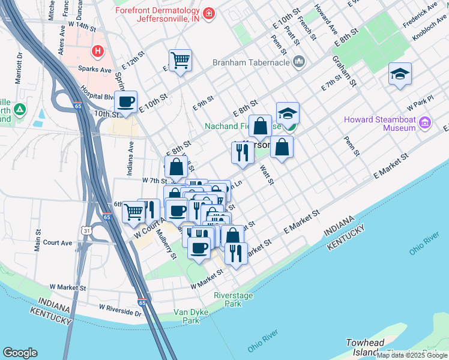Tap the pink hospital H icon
coord(96,52)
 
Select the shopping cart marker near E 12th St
coord(180,60)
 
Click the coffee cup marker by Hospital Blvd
coord(125,102)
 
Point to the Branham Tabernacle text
coord(251,61)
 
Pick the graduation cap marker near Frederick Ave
coord(400,74)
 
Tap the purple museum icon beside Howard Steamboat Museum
coord(426,123)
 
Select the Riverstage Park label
coord(234,299)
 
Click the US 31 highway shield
coord(88,230)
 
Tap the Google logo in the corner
coord(20,353)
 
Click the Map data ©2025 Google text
coord(412,355)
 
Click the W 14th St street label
coord(82,26)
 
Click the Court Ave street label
coord(58,243)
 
